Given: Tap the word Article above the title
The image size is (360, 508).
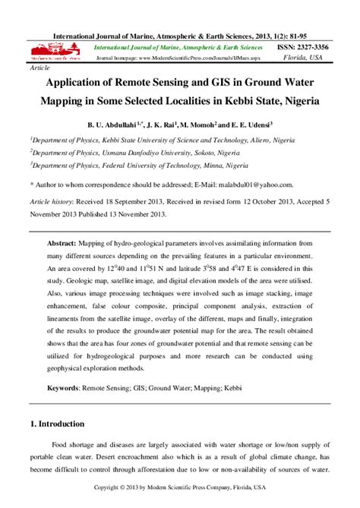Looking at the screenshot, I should [38, 68].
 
